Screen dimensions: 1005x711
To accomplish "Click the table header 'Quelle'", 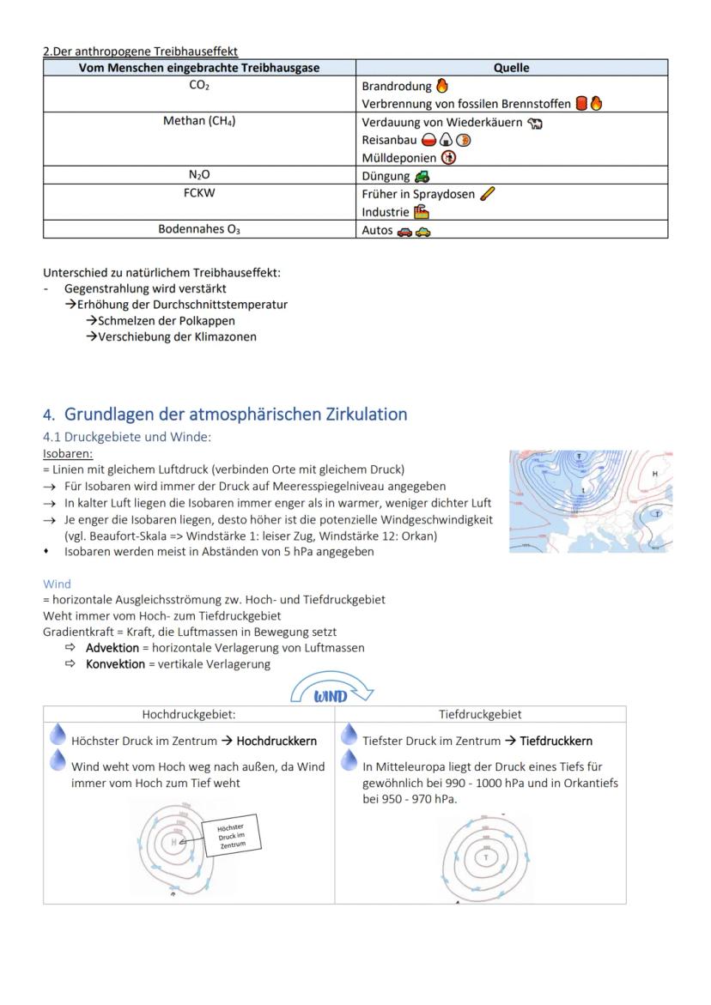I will coord(511,68).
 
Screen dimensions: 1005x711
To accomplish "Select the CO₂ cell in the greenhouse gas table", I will coord(199,86).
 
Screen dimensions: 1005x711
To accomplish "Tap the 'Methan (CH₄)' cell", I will coord(199,121).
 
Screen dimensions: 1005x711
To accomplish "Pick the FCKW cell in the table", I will coord(199,193).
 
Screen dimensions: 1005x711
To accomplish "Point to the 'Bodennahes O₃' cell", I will coord(199,229).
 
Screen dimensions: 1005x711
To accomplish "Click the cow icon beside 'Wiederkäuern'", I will coord(535,123).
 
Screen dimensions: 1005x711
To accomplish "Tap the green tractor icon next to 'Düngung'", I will coord(421,176).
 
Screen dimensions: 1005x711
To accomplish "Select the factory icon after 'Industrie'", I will coord(421,212).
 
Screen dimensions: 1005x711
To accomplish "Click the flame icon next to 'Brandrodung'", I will coord(442,86).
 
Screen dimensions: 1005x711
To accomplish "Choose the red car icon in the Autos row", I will coord(404,231).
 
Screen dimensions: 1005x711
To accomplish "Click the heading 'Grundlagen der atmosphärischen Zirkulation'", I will coord(235,415).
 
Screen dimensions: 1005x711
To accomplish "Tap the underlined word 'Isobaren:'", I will coord(68,453).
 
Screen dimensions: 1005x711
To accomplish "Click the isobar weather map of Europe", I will coord(590,501).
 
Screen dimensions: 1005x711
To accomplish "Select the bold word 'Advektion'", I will coord(112,648).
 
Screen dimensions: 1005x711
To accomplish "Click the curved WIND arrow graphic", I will coord(331,691).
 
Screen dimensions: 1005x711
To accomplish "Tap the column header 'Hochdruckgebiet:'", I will coord(188,714).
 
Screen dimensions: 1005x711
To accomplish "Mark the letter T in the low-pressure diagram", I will coord(486,857).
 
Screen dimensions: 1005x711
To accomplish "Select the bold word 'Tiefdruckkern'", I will coord(556,741).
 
